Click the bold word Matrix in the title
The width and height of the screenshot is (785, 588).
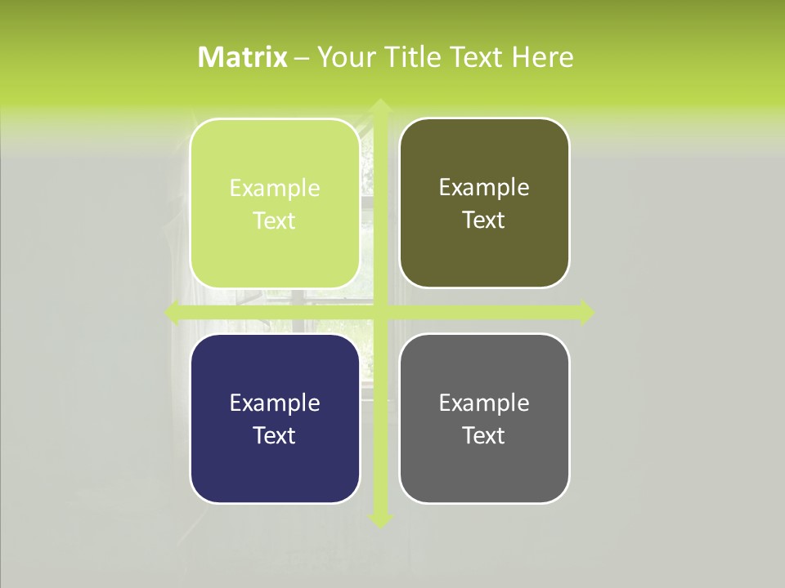click(243, 57)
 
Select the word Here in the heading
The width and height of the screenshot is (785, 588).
click(542, 57)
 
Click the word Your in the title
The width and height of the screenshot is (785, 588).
click(344, 57)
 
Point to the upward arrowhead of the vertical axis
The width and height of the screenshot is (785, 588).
click(379, 105)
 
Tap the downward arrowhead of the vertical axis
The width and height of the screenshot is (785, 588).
click(379, 519)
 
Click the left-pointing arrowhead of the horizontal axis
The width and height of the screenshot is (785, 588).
click(173, 313)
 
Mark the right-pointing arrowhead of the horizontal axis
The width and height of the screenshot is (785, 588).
click(585, 313)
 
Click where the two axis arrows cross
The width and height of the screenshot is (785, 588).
click(379, 313)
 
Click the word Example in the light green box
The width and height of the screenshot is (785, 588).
click(275, 189)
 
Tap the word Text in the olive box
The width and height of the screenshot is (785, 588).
click(484, 220)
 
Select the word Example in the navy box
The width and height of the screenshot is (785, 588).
click(275, 403)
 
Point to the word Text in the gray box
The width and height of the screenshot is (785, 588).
click(484, 435)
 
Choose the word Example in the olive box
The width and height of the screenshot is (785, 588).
click(484, 188)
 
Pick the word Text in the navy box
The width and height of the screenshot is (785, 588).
click(275, 435)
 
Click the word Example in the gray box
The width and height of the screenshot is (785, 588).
click(484, 403)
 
